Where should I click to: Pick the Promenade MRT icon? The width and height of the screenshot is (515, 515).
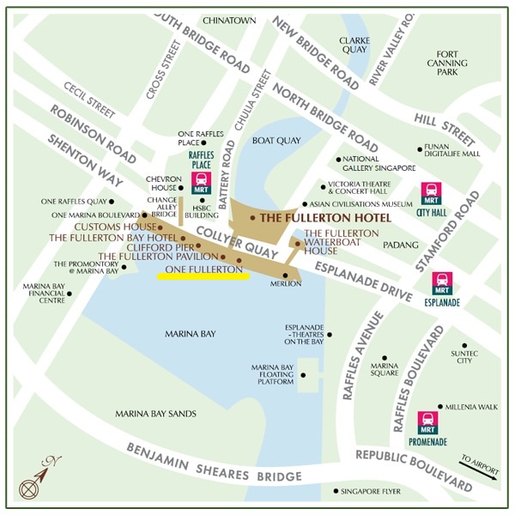(x=427, y=422)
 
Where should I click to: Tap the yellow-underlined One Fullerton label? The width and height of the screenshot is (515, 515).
(x=203, y=270)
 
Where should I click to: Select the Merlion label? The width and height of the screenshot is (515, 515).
(x=286, y=284)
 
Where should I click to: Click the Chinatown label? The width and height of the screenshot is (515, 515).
(x=229, y=20)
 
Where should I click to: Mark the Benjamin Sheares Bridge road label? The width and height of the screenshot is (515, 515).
(x=214, y=463)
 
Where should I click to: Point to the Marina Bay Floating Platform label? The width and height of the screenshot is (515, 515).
(x=272, y=375)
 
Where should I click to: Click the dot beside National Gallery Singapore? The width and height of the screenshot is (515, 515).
(x=339, y=159)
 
